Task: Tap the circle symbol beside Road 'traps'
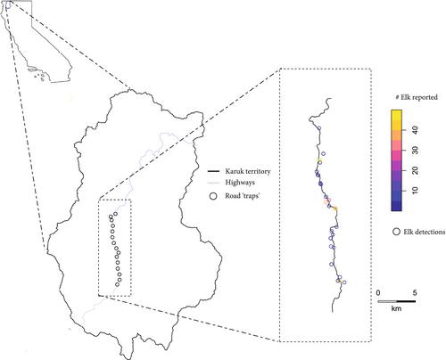tap(212, 195)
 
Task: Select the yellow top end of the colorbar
tap(396, 112)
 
